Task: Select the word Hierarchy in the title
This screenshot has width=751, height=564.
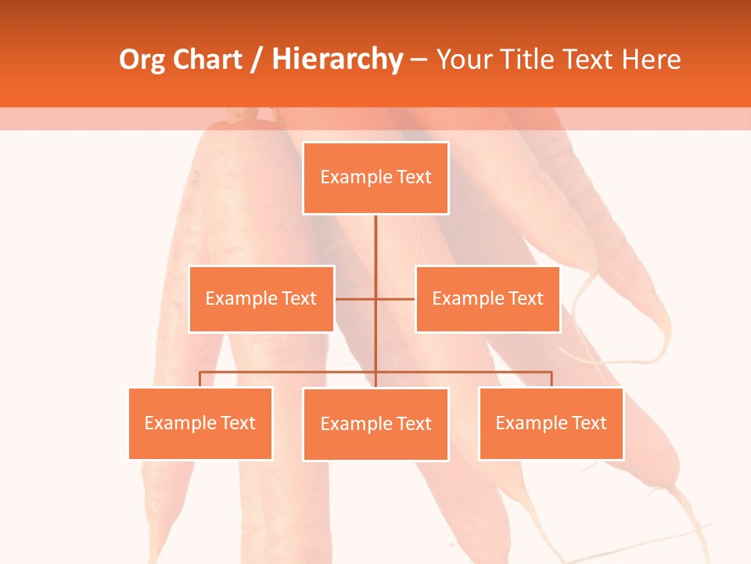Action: tap(336, 60)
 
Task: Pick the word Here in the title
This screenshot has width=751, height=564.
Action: tap(650, 60)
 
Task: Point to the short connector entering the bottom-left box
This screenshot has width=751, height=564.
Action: tap(200, 379)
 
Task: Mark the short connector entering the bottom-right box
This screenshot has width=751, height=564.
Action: tap(552, 379)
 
